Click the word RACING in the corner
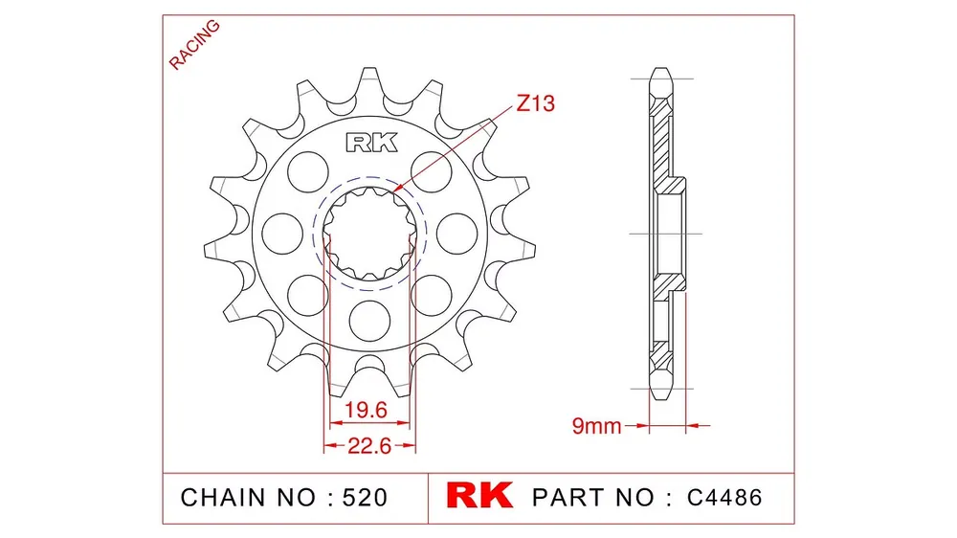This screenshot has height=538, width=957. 194,44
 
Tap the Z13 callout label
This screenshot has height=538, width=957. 535,103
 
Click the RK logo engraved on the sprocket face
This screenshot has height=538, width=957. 371,143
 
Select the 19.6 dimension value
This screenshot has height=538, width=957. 366,410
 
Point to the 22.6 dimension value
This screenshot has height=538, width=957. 369,446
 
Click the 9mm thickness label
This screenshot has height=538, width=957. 596,426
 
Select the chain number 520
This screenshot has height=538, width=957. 365,498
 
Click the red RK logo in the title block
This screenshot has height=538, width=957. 479,495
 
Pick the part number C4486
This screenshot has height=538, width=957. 724,498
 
